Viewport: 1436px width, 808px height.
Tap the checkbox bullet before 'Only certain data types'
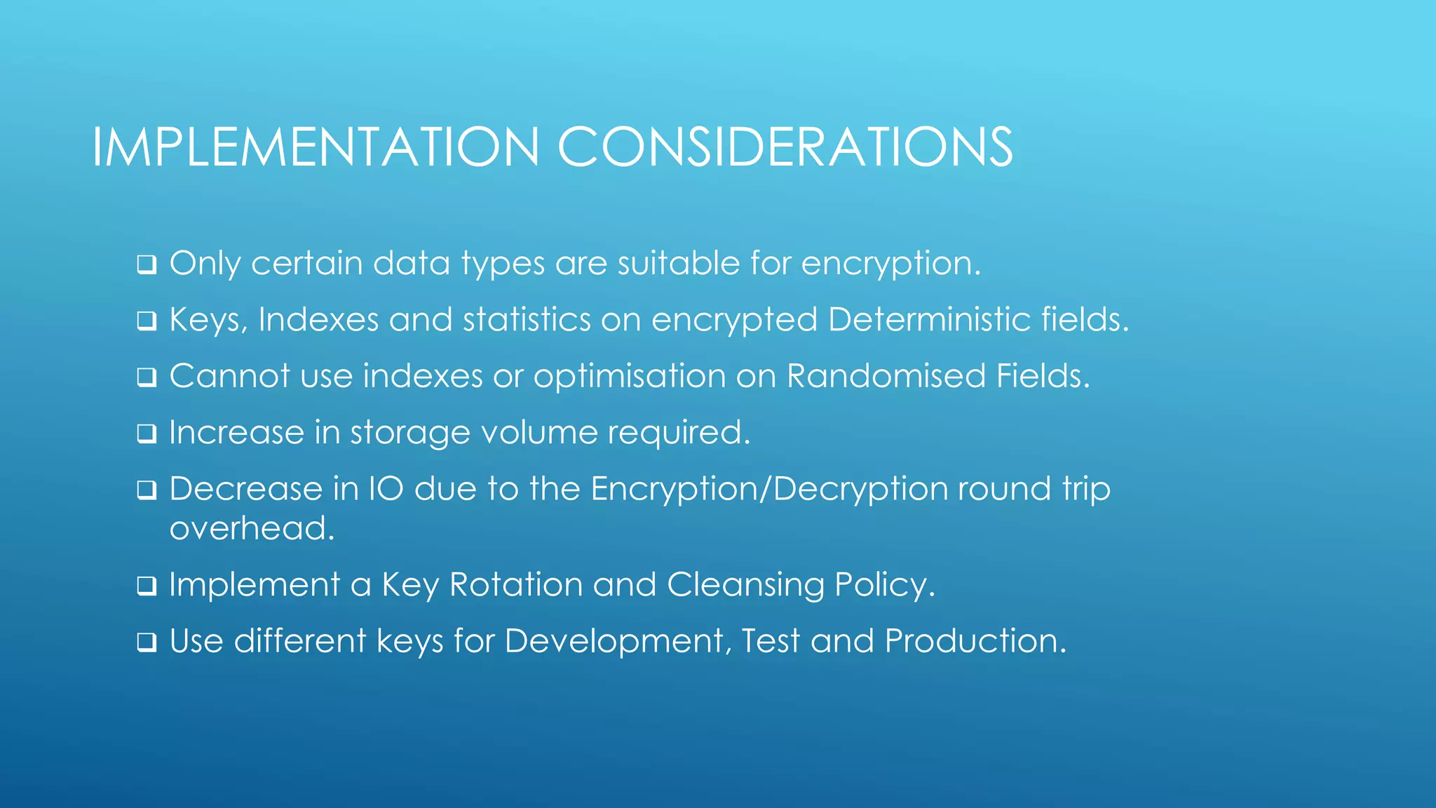(147, 265)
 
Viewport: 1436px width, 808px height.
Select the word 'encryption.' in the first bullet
(890, 264)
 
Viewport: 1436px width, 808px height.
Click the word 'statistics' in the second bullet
(527, 320)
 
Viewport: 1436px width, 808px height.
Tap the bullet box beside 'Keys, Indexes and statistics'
(147, 321)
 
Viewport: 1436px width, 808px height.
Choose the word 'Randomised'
(886, 376)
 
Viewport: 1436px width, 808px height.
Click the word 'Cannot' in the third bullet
(229, 376)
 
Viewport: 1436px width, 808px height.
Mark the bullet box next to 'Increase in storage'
(147, 433)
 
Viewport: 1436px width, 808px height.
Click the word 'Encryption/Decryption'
(769, 489)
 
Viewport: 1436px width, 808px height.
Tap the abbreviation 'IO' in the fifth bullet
(386, 489)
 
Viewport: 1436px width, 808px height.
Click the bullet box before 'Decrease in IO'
(147, 490)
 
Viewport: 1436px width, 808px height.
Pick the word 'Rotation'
(515, 585)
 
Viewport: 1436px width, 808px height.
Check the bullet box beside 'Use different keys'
(147, 642)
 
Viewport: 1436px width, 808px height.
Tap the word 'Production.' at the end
(975, 641)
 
